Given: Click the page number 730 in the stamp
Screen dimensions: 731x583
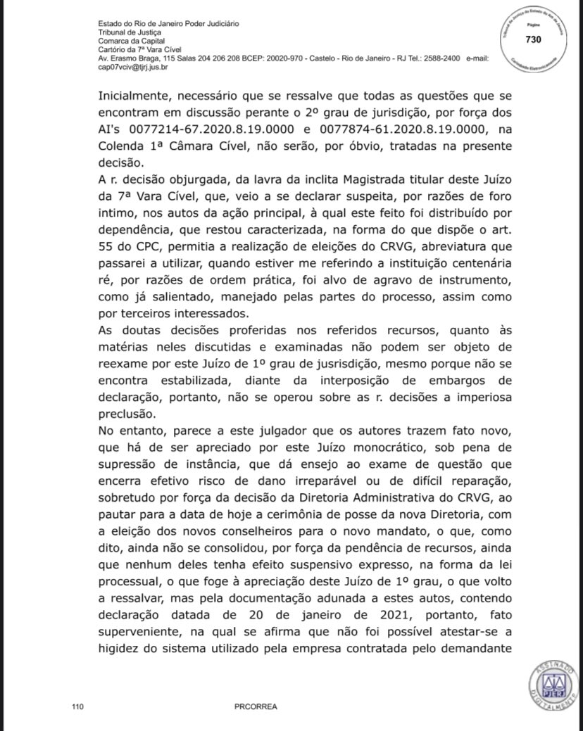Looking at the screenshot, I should click(533, 39).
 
